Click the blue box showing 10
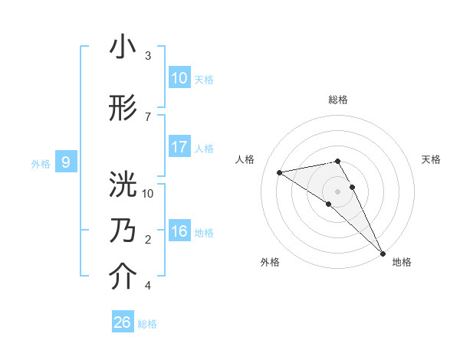tap(179, 78)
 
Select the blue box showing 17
tap(179, 147)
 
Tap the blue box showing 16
tap(179, 231)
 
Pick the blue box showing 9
tap(66, 162)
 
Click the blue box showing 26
tap(122, 322)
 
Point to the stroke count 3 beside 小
tap(148, 56)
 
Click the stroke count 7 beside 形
tap(148, 116)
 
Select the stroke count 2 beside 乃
tap(148, 240)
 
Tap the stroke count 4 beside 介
tap(148, 286)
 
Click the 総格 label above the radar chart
tap(337, 100)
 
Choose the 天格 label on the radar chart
tap(431, 159)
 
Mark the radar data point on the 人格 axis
tap(280, 172)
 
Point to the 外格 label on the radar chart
tap(270, 262)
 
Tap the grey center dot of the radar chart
tap(337, 190)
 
